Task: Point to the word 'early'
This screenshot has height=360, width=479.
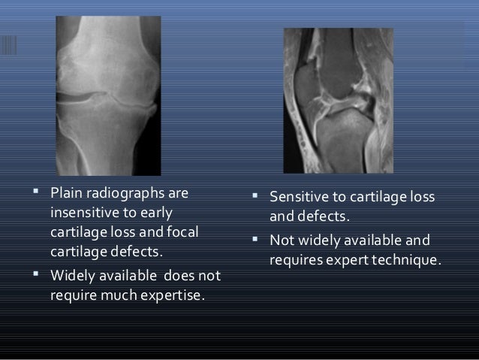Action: (x=155, y=213)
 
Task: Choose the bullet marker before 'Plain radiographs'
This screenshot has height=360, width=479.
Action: (x=36, y=195)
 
